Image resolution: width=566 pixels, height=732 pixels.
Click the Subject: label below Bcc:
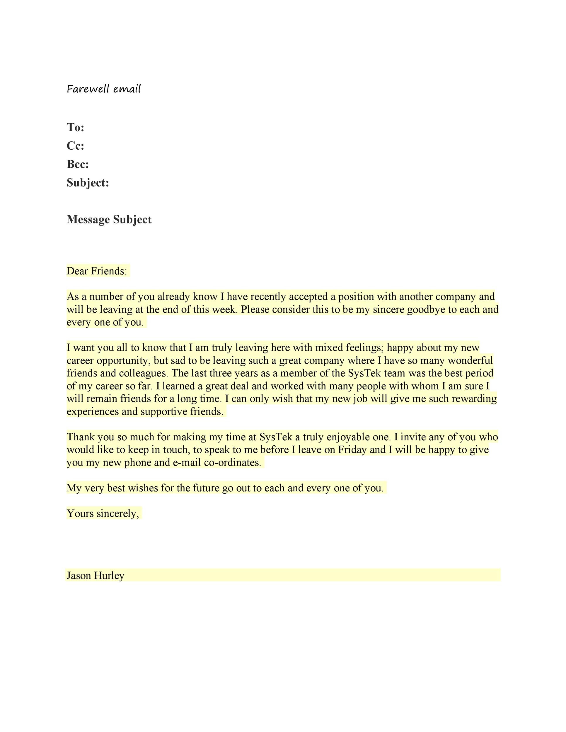pos(88,183)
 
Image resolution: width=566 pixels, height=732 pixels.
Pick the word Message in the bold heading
pos(88,220)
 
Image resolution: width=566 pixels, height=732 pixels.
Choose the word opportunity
pos(125,361)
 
